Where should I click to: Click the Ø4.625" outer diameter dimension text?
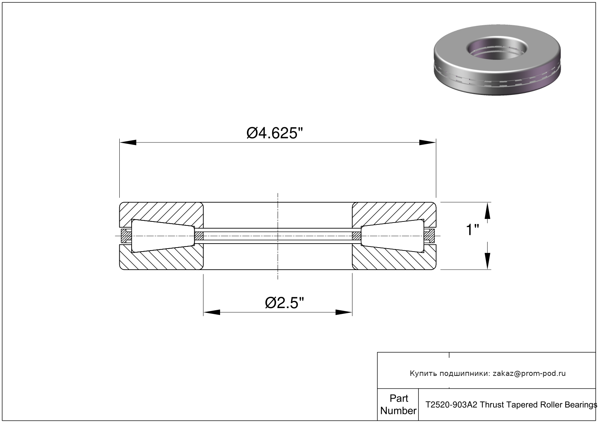tap(274, 133)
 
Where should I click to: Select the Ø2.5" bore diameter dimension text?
tap(284, 303)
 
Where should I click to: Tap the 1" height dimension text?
tap(472, 230)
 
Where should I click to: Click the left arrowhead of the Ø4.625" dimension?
tap(128, 142)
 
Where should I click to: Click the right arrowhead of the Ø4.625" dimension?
tap(427, 142)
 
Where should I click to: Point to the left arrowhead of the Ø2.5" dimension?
tap(211, 312)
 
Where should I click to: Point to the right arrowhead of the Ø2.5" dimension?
tap(344, 312)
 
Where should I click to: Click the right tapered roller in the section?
tap(393, 236)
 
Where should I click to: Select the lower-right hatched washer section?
tap(393, 259)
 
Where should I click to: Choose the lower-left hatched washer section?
tap(161, 259)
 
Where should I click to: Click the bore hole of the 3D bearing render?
tap(496, 49)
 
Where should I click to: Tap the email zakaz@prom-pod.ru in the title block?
tap(529, 373)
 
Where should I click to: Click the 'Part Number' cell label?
tap(398, 405)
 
